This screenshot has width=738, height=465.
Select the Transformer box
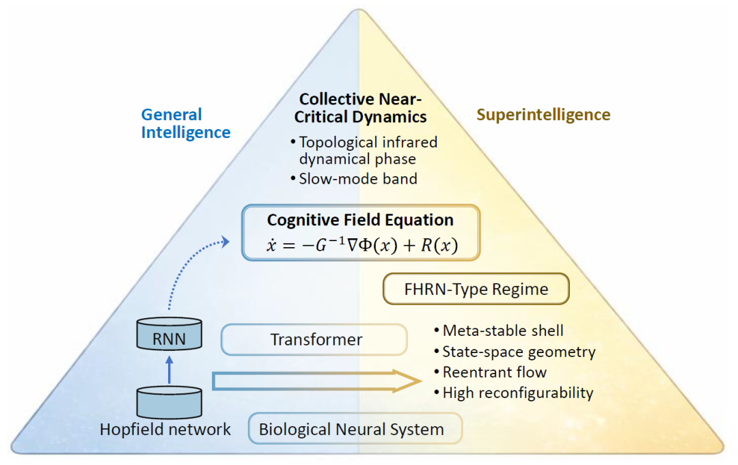coord(315,339)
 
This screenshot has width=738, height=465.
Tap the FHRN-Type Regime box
coord(476,289)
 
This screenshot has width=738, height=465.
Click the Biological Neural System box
coord(351,429)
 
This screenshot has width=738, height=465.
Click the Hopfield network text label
coord(165,429)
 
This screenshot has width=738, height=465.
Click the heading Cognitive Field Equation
coord(360,220)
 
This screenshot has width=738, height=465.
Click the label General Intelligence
coord(185,124)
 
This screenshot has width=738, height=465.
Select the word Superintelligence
coord(543,114)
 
